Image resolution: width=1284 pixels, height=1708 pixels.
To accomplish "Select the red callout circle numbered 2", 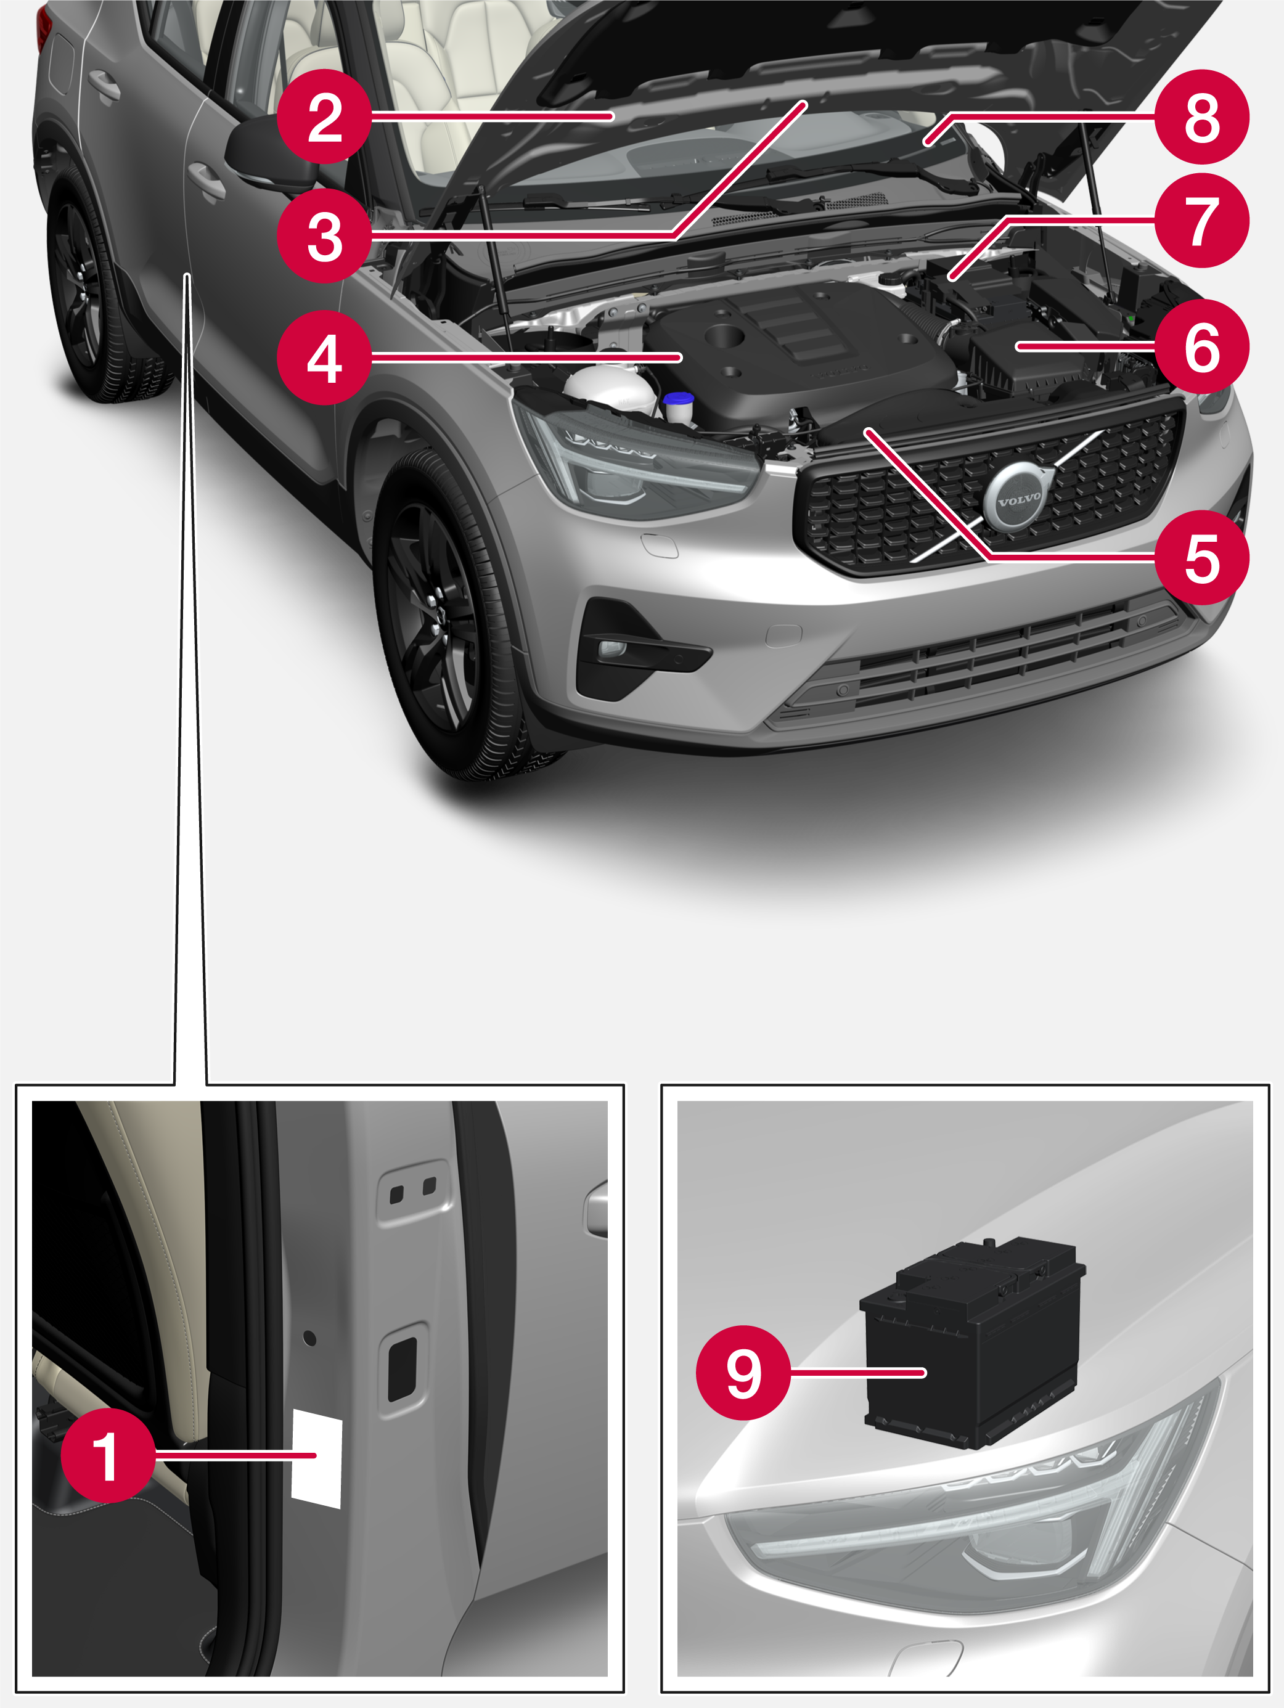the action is (324, 116).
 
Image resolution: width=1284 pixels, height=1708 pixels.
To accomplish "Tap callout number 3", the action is (324, 235).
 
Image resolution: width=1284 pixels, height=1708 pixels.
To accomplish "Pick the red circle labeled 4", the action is (324, 358).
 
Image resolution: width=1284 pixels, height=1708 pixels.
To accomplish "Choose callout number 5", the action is (1201, 557).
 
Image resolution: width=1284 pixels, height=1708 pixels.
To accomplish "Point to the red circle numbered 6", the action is (1201, 346).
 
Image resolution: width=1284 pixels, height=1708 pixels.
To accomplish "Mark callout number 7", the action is (1201, 221).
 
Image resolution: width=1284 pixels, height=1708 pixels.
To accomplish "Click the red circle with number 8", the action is (1201, 116).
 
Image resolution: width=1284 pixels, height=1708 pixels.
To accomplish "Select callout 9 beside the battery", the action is (743, 1372).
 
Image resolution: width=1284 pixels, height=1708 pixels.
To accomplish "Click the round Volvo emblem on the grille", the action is (1018, 499).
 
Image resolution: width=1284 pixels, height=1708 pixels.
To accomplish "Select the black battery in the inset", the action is (973, 1342).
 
